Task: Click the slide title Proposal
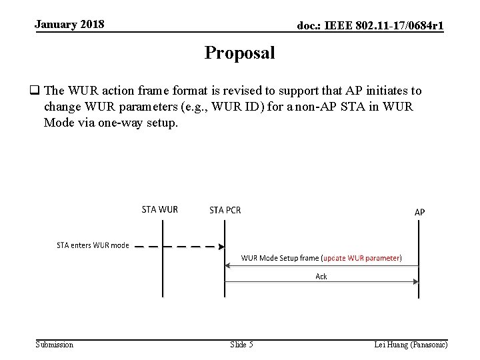[239, 53]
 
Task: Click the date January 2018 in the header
[69, 25]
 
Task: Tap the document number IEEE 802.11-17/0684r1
[371, 26]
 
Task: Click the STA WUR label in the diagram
[160, 209]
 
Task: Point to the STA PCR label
[225, 210]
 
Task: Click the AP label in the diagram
[419, 212]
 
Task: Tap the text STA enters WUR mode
[93, 245]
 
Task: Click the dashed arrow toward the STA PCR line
[180, 245]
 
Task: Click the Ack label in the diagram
[321, 276]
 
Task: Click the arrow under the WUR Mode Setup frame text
[321, 265]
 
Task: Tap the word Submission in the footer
[55, 345]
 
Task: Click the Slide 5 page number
[241, 345]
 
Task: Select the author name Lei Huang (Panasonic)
[411, 345]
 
